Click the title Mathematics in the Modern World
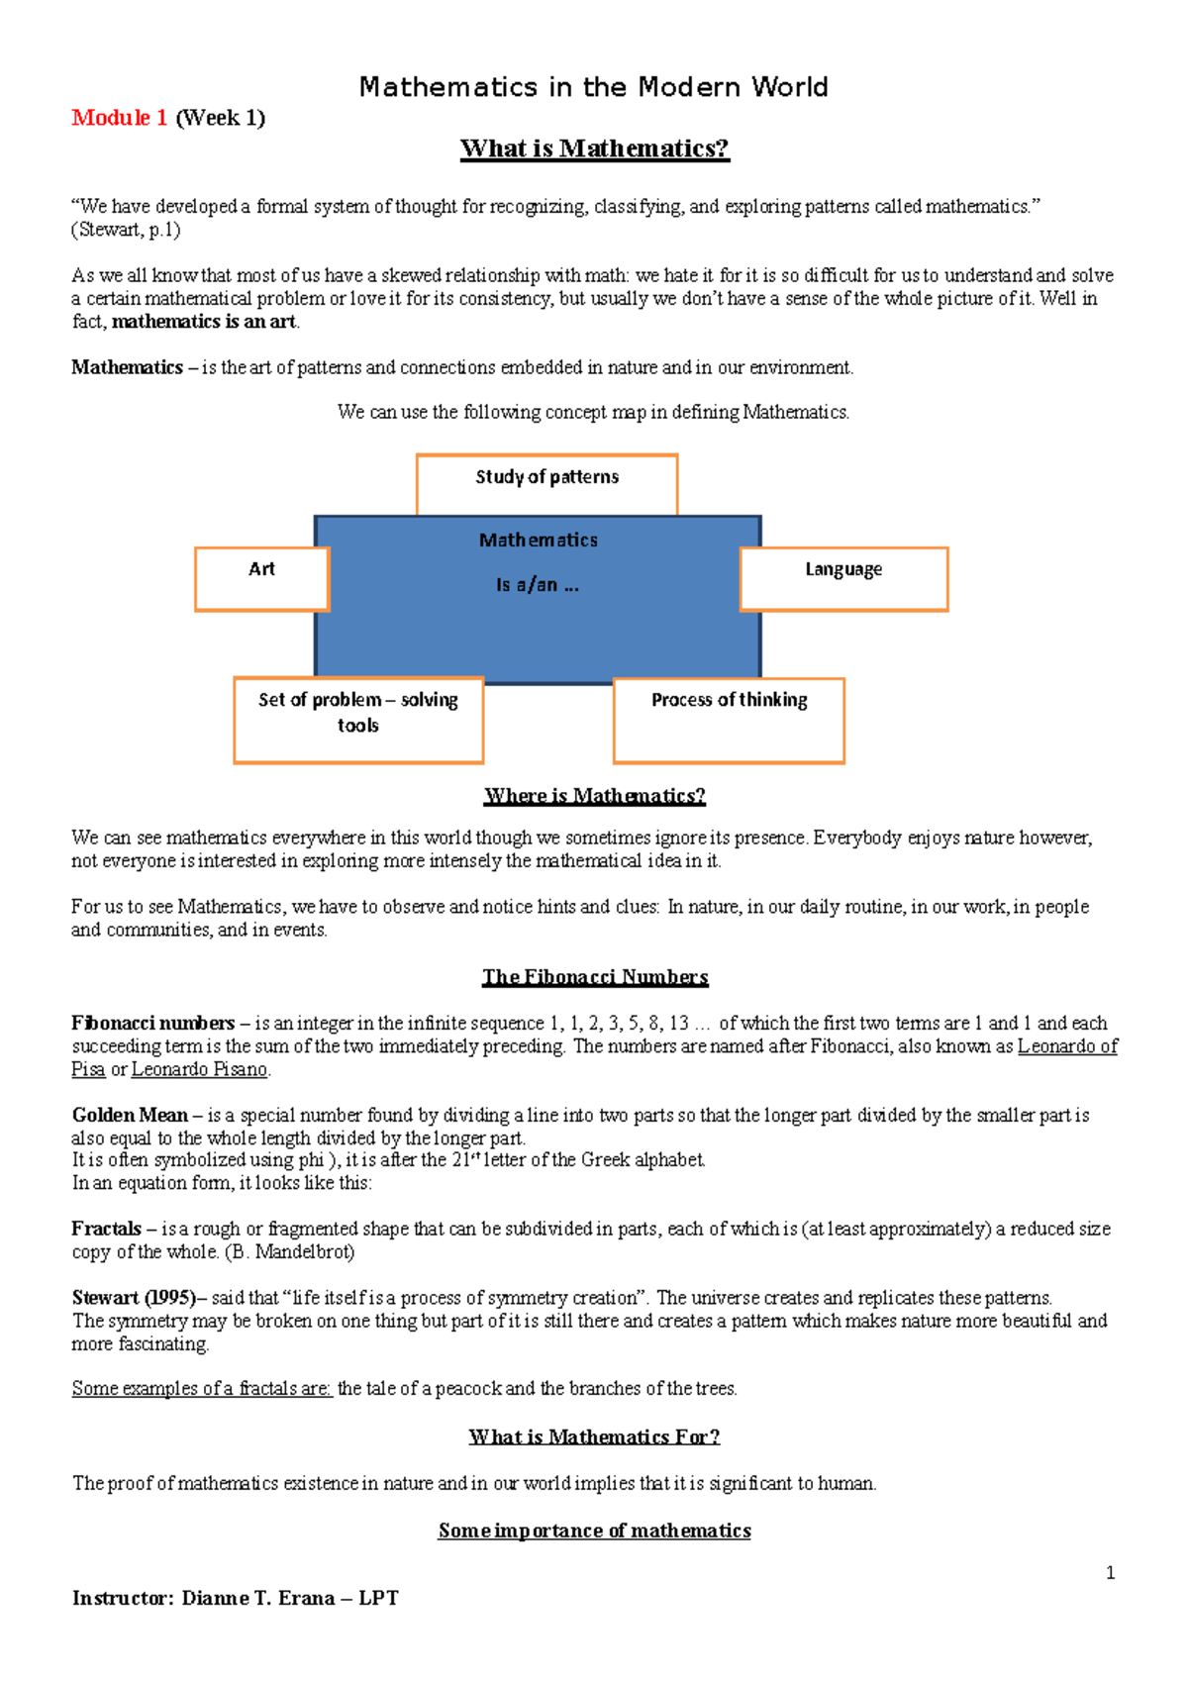click(593, 87)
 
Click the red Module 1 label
click(119, 118)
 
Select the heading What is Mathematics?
click(594, 148)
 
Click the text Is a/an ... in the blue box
click(538, 585)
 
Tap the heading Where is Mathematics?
click(594, 796)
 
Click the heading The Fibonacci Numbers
click(595, 977)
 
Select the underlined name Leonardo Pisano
click(200, 1069)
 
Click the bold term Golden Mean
click(130, 1115)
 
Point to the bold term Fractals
click(106, 1229)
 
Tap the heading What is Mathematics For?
click(594, 1436)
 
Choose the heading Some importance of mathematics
click(594, 1531)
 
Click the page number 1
click(1110, 1573)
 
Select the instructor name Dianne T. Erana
click(257, 1598)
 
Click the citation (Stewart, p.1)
click(126, 230)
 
